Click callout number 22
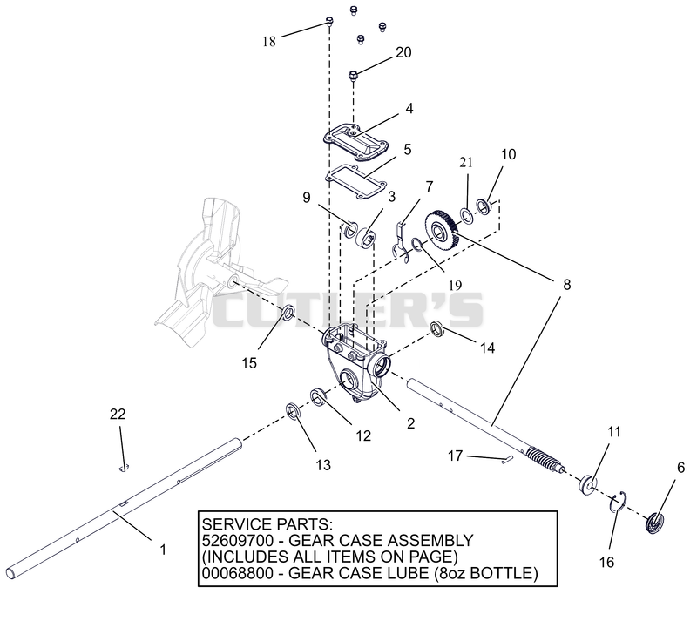(x=118, y=415)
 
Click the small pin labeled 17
(x=507, y=460)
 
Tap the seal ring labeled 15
(x=288, y=313)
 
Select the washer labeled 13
(x=293, y=411)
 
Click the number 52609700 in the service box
(x=237, y=541)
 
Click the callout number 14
(x=488, y=348)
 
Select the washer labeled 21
(x=466, y=216)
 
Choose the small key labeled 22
(x=124, y=467)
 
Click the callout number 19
(x=455, y=285)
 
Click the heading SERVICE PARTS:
(x=267, y=524)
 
